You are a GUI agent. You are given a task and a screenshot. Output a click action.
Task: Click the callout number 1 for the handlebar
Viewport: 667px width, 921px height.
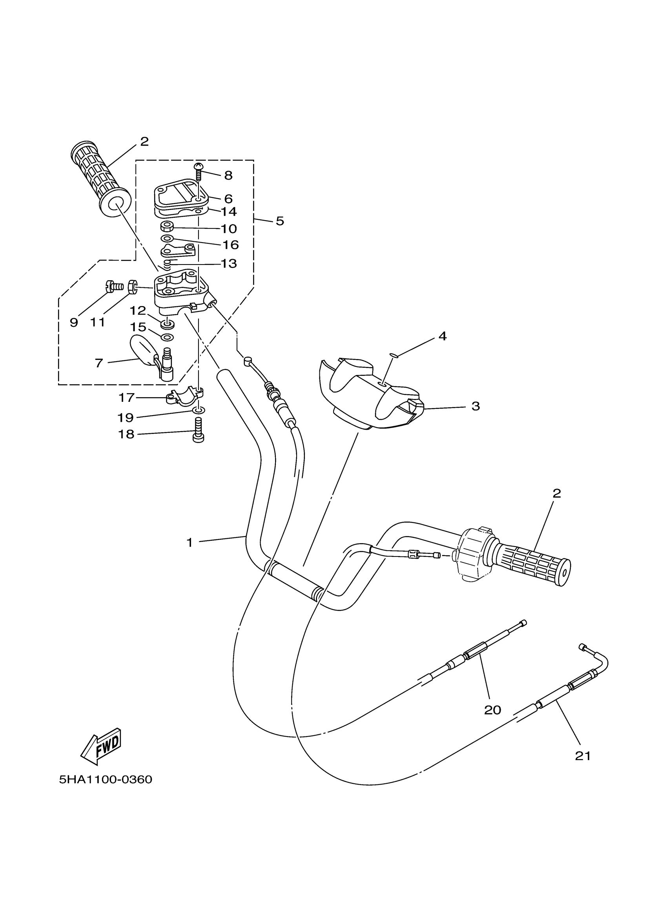click(x=189, y=543)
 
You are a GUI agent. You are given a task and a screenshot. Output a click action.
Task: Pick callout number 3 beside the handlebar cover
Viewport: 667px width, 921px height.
click(x=476, y=406)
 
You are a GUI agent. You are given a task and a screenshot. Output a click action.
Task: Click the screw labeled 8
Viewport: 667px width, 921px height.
click(x=199, y=171)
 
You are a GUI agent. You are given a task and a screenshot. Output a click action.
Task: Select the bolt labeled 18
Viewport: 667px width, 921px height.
click(x=198, y=432)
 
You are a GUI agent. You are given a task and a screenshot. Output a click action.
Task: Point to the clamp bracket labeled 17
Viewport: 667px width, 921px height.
click(x=184, y=396)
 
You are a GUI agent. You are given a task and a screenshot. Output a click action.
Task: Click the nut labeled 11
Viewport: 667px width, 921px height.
click(x=132, y=287)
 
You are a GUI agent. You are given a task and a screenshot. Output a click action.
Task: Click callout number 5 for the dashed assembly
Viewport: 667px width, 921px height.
click(x=280, y=221)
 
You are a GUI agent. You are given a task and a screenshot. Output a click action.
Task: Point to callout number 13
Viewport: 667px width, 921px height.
click(x=229, y=263)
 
